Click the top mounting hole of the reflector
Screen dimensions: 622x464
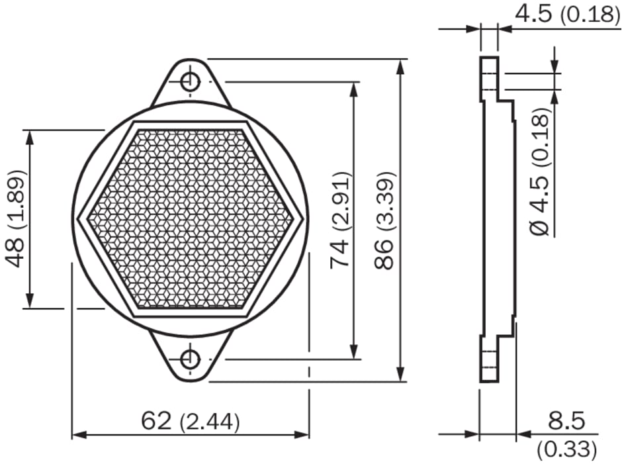click(190, 82)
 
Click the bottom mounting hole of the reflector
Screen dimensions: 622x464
click(190, 359)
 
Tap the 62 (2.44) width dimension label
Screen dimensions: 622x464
click(191, 421)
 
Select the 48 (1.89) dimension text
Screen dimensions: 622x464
click(15, 218)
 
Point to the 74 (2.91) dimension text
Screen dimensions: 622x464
click(340, 220)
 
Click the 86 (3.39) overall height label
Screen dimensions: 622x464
click(384, 220)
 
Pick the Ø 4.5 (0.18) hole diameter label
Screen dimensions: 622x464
click(541, 170)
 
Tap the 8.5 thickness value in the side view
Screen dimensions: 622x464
click(566, 421)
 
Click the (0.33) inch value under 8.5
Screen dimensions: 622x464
click(567, 449)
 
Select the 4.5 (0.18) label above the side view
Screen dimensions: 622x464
click(567, 13)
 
